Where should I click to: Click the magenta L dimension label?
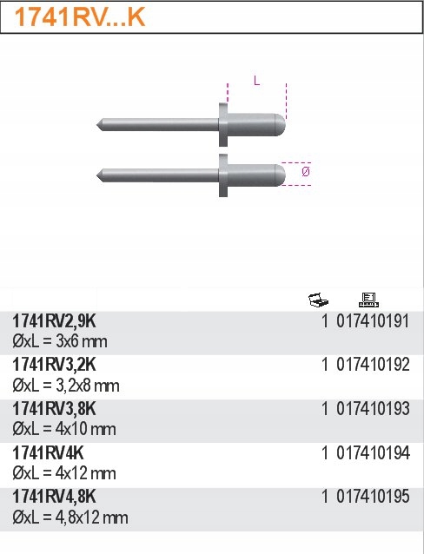pyautogui.click(x=256, y=81)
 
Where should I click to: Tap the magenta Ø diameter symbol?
pyautogui.click(x=305, y=173)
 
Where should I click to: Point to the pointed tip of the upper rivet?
pyautogui.click(x=99, y=125)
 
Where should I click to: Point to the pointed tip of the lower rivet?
pyautogui.click(x=99, y=174)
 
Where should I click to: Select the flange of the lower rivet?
pyautogui.click(x=223, y=174)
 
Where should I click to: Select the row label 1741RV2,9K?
pyautogui.click(x=53, y=322)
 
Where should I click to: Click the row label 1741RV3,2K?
pyautogui.click(x=53, y=366)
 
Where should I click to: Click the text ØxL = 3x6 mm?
pyautogui.click(x=59, y=342)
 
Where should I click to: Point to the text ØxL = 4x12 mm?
pyautogui.click(x=64, y=474)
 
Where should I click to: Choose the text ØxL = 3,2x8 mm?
pyautogui.click(x=66, y=386)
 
